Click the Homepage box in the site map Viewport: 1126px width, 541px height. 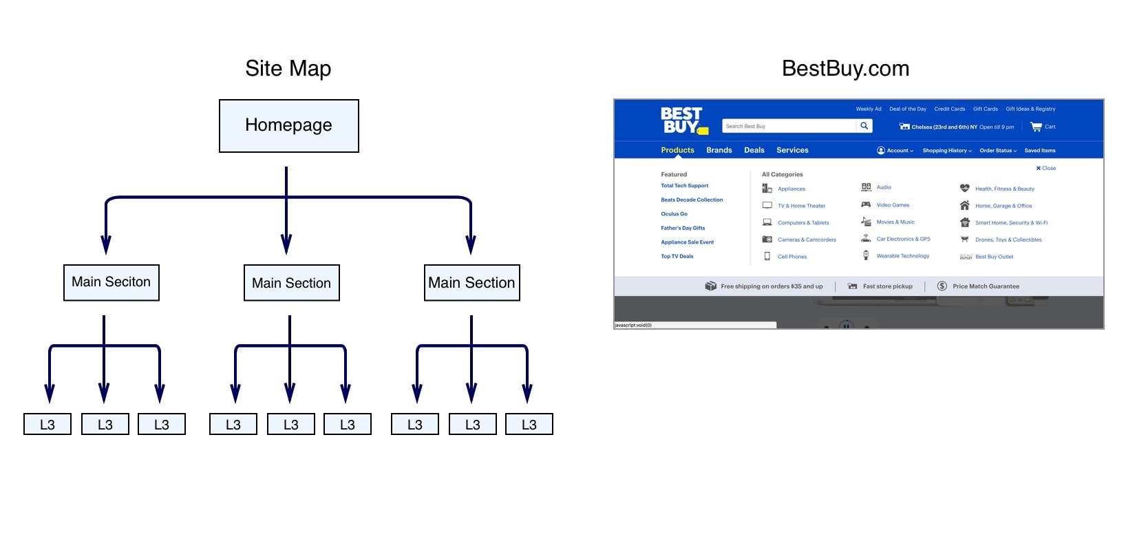[x=288, y=126]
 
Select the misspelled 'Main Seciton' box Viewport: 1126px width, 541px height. [x=111, y=282]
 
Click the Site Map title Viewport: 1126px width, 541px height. [x=288, y=68]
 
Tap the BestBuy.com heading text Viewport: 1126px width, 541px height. [x=845, y=68]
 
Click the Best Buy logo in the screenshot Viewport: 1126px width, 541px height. [x=683, y=120]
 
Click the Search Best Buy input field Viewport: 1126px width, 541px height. [x=788, y=126]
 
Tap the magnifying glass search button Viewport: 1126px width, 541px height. [x=864, y=126]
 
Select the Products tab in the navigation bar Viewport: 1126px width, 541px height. [x=677, y=150]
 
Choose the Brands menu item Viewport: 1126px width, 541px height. [x=719, y=150]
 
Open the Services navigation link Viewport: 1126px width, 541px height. [x=792, y=150]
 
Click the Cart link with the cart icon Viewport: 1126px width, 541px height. [x=1043, y=127]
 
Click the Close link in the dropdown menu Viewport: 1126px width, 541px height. [x=1046, y=168]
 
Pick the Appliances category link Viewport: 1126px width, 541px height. [x=791, y=189]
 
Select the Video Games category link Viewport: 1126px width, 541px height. [x=893, y=205]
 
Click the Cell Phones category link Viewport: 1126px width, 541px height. [x=792, y=257]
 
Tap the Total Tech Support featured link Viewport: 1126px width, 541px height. [x=684, y=186]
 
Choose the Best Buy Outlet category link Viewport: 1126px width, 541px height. [x=994, y=257]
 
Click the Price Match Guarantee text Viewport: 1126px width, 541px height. [x=986, y=286]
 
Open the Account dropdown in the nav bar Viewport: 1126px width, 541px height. [x=895, y=151]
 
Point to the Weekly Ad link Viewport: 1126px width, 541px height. [x=868, y=109]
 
